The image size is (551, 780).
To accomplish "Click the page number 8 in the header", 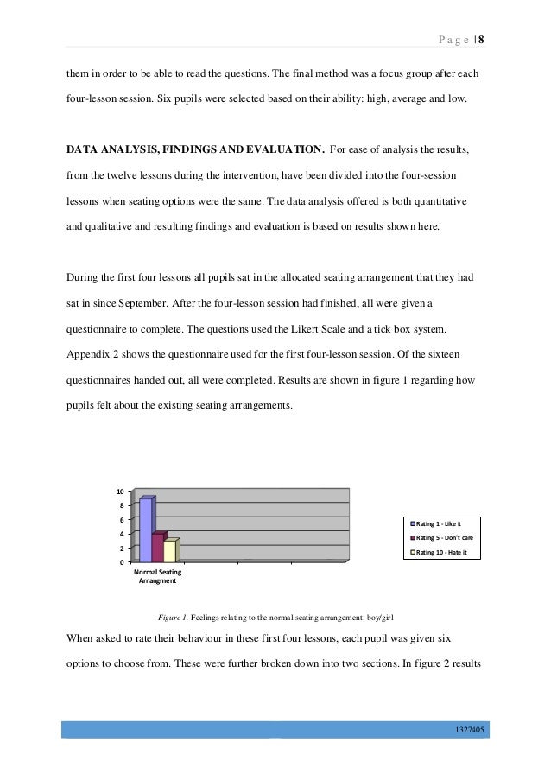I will pos(481,40).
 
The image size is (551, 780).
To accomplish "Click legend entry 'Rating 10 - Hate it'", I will pos(443,552).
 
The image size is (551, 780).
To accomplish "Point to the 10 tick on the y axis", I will pos(122,492).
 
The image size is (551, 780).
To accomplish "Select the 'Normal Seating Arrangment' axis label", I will pos(157,576).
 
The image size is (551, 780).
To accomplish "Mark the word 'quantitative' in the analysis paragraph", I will pos(437,200).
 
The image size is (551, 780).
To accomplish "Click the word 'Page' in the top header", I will pos(449,40).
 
